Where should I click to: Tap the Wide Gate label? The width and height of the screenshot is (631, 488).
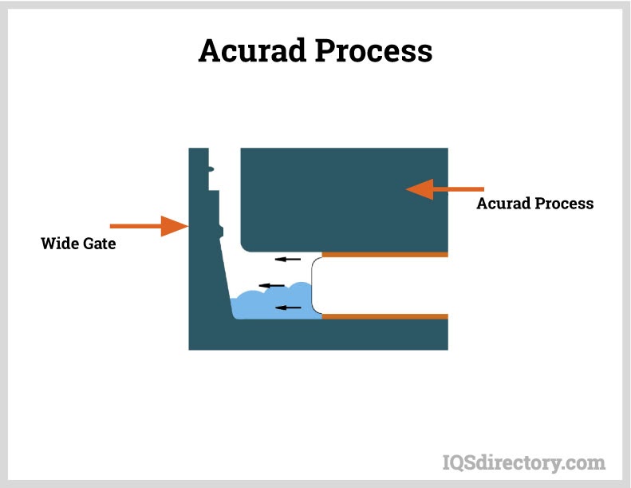pos(78,244)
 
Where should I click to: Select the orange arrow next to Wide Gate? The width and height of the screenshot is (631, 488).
pos(148,226)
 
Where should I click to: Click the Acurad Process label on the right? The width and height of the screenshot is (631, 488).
pos(534,204)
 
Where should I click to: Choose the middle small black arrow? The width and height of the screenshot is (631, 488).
pos(274,285)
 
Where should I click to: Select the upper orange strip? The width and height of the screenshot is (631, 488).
pos(385,255)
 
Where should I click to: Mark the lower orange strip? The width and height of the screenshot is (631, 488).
pos(385,316)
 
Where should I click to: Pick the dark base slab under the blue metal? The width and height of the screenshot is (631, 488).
pos(319,335)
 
